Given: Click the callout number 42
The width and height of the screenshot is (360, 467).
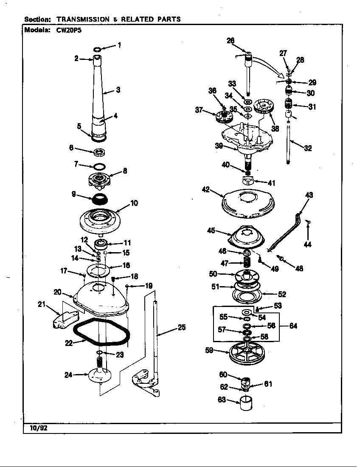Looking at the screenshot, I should [x=206, y=189].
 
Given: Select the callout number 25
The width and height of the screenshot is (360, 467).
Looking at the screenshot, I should [x=182, y=327].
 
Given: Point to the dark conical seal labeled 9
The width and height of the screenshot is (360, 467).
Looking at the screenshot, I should [x=100, y=198].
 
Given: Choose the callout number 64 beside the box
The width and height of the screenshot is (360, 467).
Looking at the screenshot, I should [x=292, y=326].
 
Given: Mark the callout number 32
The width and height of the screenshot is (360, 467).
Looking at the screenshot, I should [x=308, y=148].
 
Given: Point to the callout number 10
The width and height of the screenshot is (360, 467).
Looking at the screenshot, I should [x=134, y=203].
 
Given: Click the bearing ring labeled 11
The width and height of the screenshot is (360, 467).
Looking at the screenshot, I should [x=102, y=245].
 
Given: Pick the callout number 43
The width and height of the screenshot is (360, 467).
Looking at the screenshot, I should [x=309, y=195].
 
